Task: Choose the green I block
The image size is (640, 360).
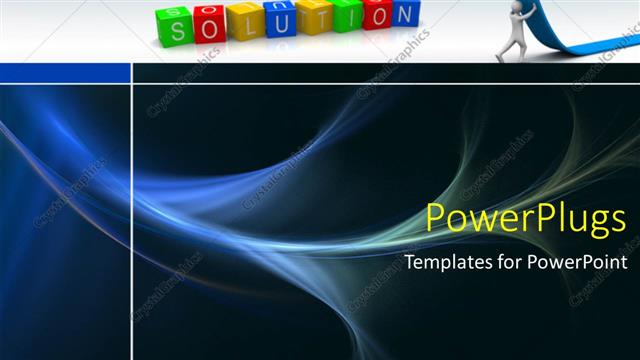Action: [345, 14]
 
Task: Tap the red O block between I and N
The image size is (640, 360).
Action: [376, 14]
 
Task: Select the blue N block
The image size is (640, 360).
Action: [405, 14]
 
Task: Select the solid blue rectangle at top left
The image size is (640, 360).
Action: [65, 73]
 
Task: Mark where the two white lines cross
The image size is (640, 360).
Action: [132, 85]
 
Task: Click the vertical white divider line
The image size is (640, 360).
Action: [132, 220]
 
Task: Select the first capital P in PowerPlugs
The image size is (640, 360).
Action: [437, 218]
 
